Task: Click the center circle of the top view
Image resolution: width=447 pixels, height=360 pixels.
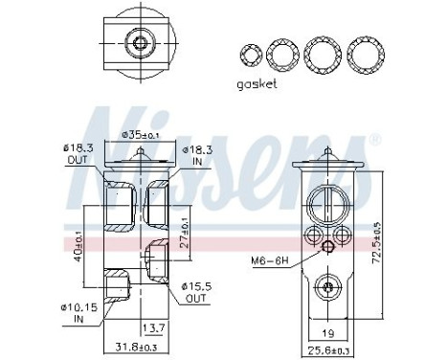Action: click(x=141, y=42)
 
